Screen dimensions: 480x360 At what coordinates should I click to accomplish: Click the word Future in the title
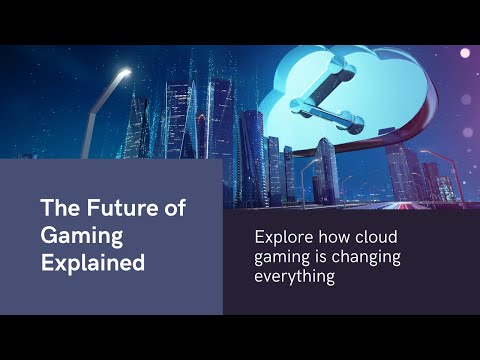pos(122,208)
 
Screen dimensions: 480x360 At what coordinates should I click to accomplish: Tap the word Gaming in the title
pos(82,236)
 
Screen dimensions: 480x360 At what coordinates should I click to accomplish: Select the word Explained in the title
pos(93,263)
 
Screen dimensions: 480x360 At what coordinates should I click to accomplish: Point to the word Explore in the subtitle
pos(284,238)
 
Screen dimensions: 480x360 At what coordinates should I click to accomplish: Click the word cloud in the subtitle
pos(376,237)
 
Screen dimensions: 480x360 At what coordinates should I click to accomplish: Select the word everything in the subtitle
pos(295,277)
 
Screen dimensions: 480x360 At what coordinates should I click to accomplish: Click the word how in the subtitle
pos(334,237)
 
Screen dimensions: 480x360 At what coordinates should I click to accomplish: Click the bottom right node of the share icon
pos(353,124)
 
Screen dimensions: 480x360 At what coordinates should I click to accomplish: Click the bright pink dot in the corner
pos(465,53)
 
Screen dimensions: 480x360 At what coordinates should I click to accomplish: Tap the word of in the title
pos(175,208)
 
